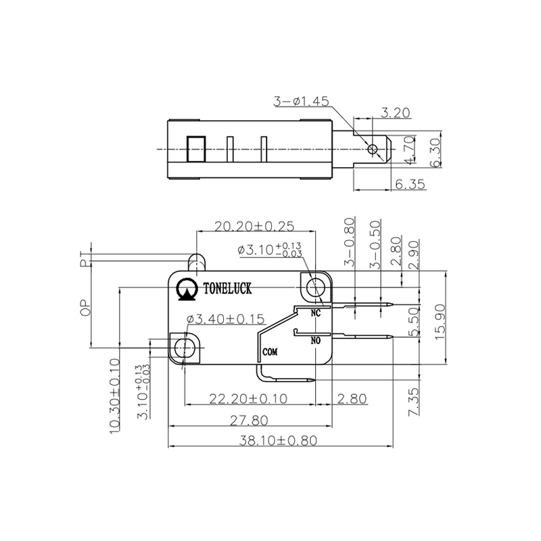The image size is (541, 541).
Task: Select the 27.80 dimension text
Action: click(249, 420)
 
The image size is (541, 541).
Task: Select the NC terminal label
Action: click(314, 313)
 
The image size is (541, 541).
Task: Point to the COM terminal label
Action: click(270, 352)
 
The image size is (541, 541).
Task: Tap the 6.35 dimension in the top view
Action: click(411, 184)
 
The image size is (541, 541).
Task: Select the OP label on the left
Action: click(86, 308)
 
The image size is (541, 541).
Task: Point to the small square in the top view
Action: click(195, 148)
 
